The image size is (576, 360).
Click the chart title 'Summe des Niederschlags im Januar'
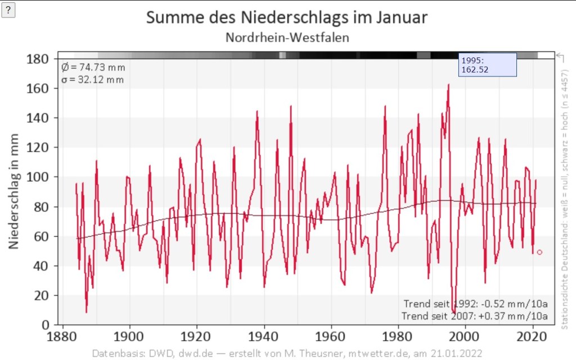click(x=287, y=17)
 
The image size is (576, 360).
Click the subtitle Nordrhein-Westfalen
click(x=287, y=38)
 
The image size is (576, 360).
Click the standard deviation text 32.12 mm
click(x=93, y=79)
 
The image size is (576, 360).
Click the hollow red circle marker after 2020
click(x=539, y=252)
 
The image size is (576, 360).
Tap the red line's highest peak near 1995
click(x=448, y=85)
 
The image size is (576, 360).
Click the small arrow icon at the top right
click(x=560, y=56)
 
